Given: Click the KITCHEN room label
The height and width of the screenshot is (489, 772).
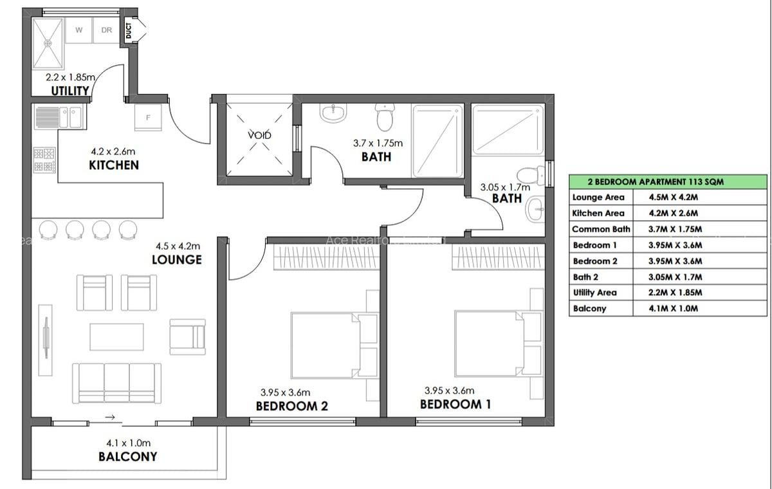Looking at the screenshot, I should pyautogui.click(x=114, y=165).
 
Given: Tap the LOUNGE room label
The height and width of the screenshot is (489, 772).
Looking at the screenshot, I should pyautogui.click(x=177, y=259).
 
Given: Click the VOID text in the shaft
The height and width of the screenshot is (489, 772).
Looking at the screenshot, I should pyautogui.click(x=260, y=135).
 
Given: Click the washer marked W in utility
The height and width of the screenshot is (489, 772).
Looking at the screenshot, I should pyautogui.click(x=78, y=30).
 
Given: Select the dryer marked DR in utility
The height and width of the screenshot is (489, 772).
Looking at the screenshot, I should pyautogui.click(x=107, y=30).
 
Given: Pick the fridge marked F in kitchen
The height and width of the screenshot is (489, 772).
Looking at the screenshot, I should pyautogui.click(x=149, y=117).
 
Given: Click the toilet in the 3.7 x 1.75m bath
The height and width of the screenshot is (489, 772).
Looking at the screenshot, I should pyautogui.click(x=385, y=118).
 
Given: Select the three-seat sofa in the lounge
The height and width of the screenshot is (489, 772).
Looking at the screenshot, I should pyautogui.click(x=116, y=382).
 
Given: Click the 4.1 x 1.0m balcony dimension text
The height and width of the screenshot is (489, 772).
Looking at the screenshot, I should pyautogui.click(x=128, y=443).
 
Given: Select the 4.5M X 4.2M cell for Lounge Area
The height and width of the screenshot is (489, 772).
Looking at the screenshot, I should pyautogui.click(x=667, y=198).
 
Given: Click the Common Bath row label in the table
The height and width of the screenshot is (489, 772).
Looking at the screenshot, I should pyautogui.click(x=601, y=229).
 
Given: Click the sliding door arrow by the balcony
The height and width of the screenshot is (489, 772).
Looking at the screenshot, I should pyautogui.click(x=110, y=418).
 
